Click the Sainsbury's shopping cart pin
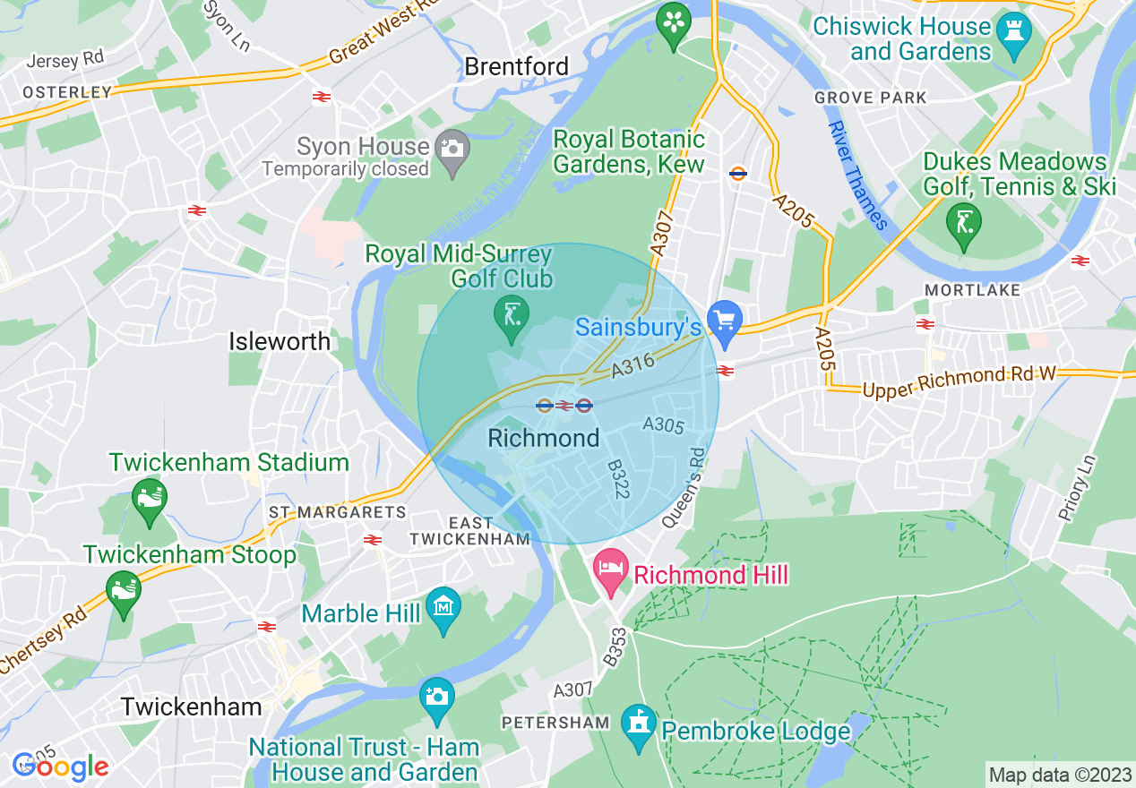click(724, 321)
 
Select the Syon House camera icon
click(452, 147)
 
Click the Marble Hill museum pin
click(443, 608)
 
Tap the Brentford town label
click(517, 66)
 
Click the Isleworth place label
click(280, 341)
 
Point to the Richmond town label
click(544, 438)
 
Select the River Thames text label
click(857, 176)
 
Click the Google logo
click(60, 767)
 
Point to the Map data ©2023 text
click(1058, 774)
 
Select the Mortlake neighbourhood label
click(972, 290)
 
